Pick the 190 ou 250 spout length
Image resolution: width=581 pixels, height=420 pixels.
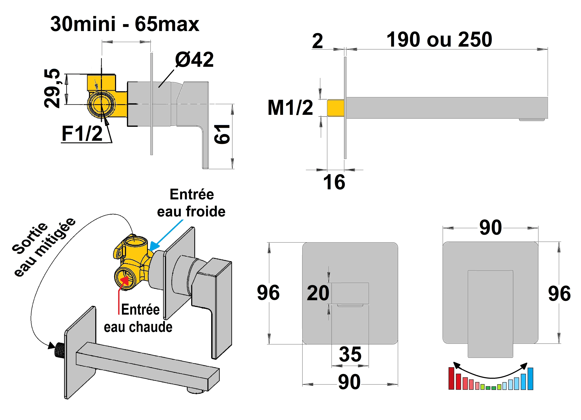click(439, 40)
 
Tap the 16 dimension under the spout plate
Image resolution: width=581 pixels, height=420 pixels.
click(334, 182)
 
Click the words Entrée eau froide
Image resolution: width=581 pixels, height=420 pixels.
click(191, 203)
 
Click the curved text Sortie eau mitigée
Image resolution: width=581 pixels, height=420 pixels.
click(44, 247)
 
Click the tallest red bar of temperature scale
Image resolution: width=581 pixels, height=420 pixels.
click(451, 378)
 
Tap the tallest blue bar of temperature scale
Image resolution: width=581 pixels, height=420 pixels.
click(530, 378)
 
